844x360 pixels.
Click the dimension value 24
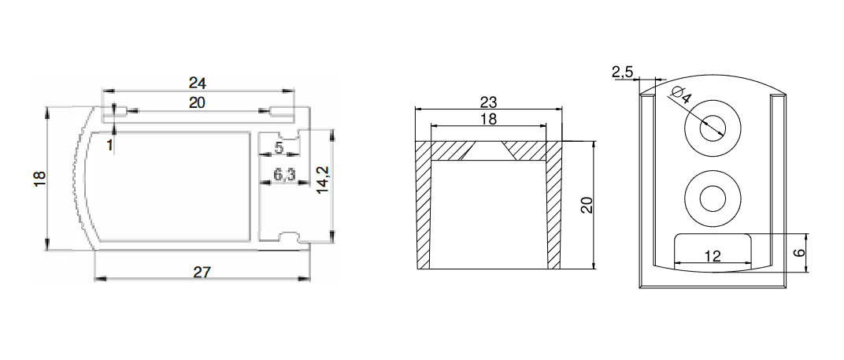click(x=198, y=83)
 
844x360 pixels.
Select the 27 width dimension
click(x=202, y=272)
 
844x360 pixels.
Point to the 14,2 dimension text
click(x=323, y=180)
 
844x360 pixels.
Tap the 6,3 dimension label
click(x=284, y=175)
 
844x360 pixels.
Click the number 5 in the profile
click(x=279, y=147)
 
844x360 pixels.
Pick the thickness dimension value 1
click(x=109, y=145)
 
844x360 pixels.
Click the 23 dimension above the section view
click(x=489, y=102)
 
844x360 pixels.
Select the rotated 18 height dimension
click(x=40, y=179)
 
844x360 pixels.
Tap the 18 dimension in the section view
click(x=488, y=119)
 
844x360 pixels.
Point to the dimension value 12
click(x=712, y=256)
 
